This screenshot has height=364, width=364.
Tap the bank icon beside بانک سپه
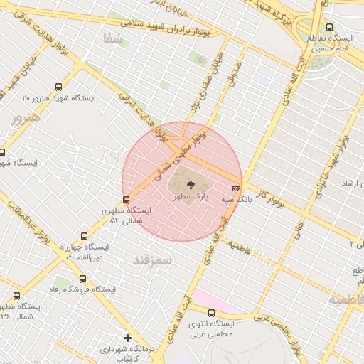pyautogui.click(x=237, y=188)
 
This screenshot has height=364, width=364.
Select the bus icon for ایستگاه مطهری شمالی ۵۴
pyautogui.click(x=127, y=200)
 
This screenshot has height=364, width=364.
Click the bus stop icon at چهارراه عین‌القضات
pyautogui.click(x=85, y=237)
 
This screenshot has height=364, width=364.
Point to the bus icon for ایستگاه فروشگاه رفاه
pyautogui.click(x=83, y=279)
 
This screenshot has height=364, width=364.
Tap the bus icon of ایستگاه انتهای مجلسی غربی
pyautogui.click(x=211, y=312)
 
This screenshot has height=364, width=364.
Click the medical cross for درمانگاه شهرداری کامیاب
pyautogui.click(x=127, y=338)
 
